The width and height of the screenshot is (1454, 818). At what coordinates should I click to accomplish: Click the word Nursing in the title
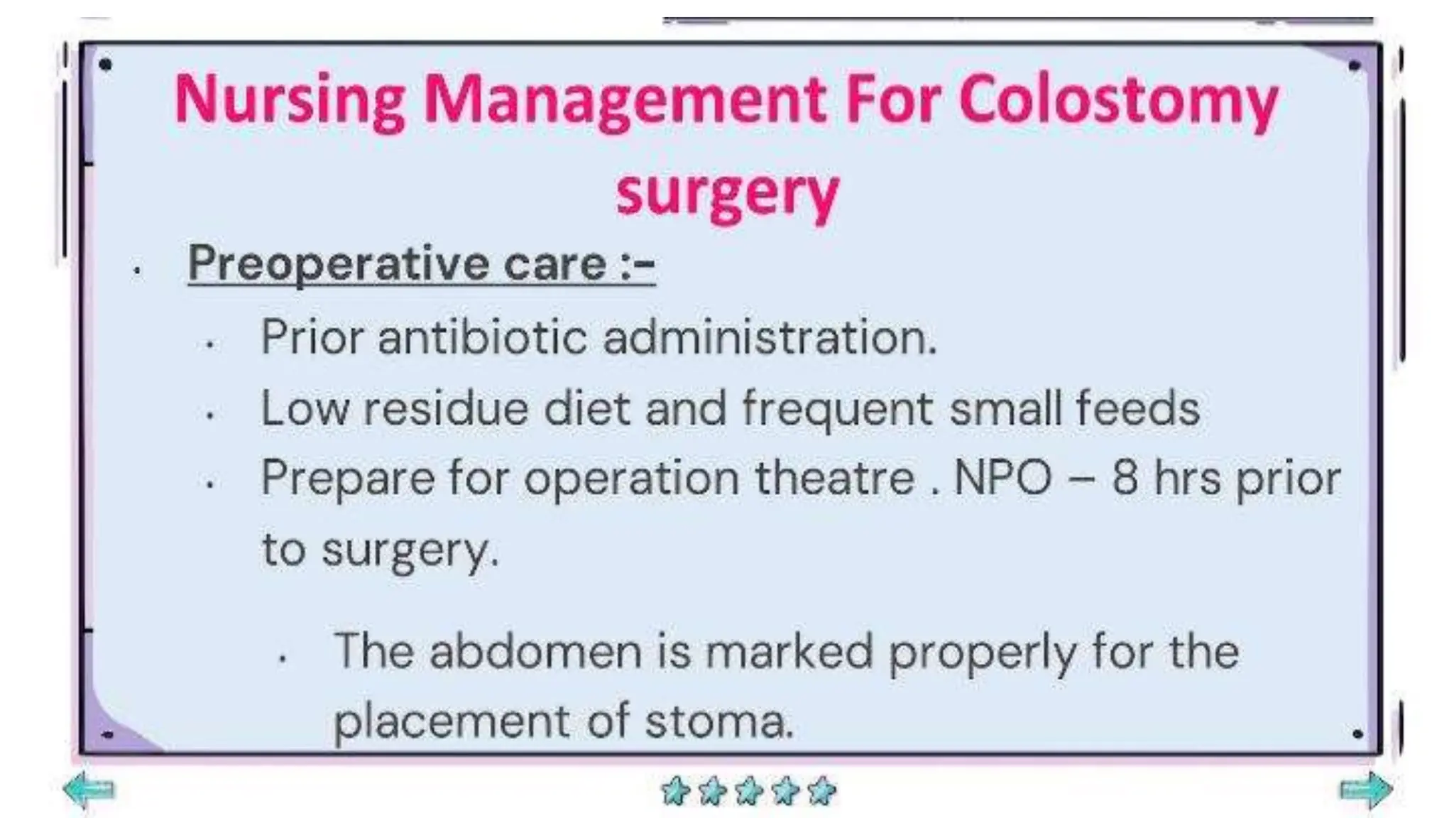click(290, 102)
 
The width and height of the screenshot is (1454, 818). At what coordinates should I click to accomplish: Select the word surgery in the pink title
click(727, 193)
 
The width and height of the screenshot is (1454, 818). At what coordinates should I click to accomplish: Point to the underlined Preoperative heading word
click(338, 263)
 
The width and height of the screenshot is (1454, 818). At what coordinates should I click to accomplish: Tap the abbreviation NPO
click(1002, 478)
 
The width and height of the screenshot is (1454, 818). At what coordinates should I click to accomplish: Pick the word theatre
click(835, 478)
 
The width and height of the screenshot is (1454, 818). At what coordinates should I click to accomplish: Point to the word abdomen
click(535, 650)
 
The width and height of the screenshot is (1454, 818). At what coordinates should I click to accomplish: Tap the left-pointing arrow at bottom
click(89, 789)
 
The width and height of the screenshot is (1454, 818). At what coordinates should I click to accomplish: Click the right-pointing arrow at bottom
click(1366, 790)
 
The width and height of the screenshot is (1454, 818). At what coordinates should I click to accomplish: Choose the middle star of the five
click(748, 790)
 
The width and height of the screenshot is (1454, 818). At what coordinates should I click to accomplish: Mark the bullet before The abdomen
click(283, 659)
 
